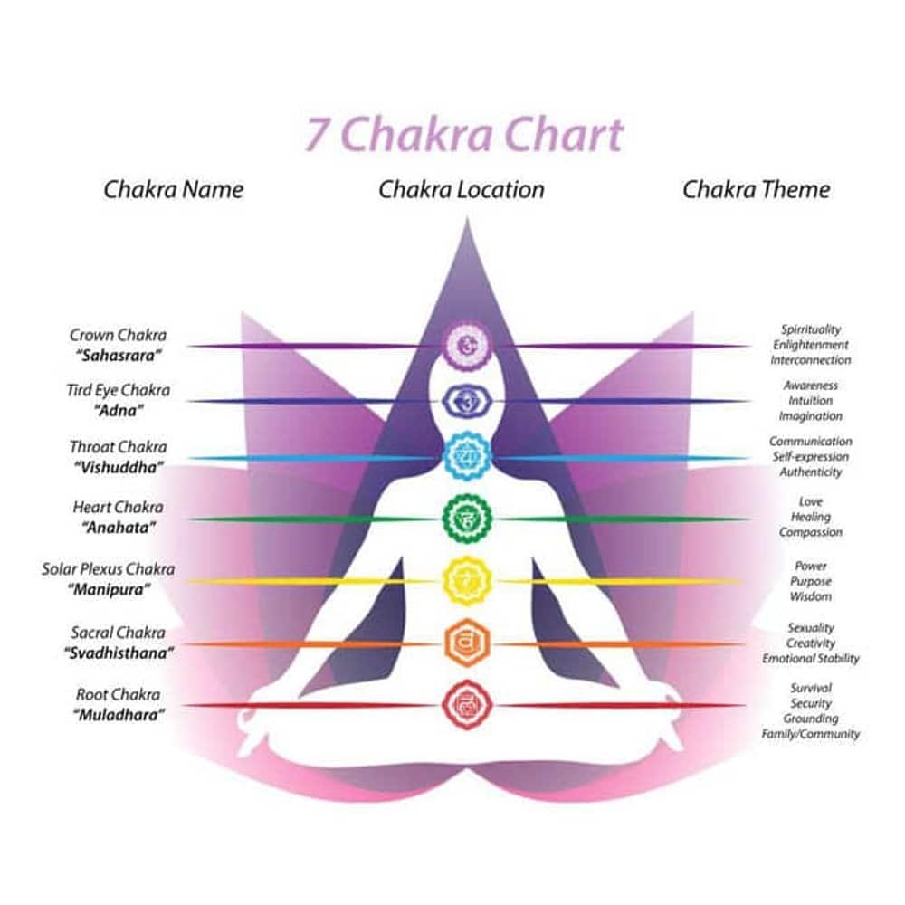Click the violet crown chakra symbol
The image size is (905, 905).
(x=467, y=345)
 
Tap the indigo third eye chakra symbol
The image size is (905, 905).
(x=467, y=400)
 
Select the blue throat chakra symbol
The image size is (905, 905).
(x=467, y=457)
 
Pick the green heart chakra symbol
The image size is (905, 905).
(x=467, y=519)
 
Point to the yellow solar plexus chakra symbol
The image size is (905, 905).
(x=467, y=580)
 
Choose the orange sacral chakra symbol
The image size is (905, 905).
(x=467, y=643)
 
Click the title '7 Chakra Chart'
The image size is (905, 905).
(x=463, y=135)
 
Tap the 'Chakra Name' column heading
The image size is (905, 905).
(x=173, y=189)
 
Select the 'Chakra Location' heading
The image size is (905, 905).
(x=462, y=189)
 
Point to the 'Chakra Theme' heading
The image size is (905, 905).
(x=756, y=189)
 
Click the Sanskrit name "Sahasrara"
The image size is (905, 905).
(x=119, y=354)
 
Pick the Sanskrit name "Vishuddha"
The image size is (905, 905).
(x=119, y=467)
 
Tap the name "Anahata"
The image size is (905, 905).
(x=119, y=527)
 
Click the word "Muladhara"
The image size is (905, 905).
(x=119, y=714)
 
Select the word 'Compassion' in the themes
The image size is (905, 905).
(x=810, y=532)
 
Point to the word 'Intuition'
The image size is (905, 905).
(x=810, y=401)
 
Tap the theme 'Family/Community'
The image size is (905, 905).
(x=810, y=734)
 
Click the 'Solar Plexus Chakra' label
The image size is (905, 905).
(x=109, y=570)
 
